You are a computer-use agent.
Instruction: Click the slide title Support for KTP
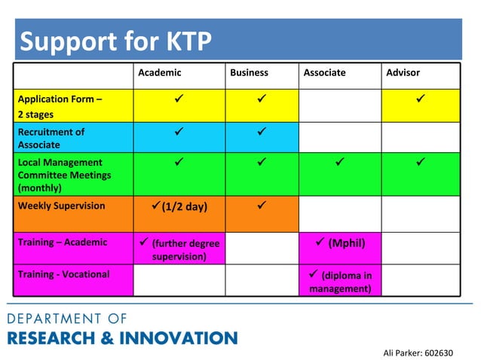115,41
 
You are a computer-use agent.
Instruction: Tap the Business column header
249,73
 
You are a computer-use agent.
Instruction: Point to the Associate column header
324,73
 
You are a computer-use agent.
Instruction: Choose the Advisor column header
403,73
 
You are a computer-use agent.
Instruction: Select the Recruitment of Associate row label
51,138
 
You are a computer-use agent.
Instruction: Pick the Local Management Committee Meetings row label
64,175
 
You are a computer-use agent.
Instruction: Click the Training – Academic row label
62,243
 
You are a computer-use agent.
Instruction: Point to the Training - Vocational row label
63,274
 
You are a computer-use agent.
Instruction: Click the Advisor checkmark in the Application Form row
420,99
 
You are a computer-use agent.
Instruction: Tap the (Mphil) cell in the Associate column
340,243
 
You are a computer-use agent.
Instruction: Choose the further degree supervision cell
179,249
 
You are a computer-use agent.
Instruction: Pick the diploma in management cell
340,281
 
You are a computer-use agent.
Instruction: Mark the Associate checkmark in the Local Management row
339,161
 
